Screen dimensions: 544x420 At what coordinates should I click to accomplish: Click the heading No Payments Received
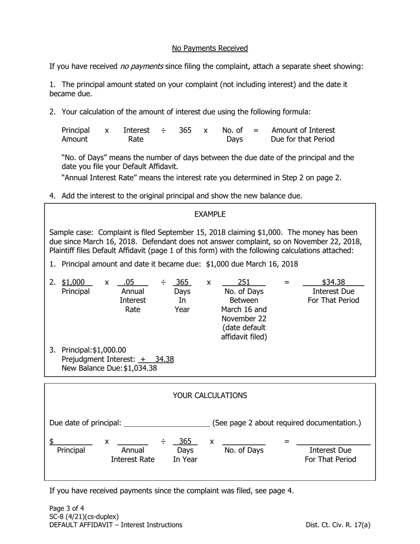tap(210, 48)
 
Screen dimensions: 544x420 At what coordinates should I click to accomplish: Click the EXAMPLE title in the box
tap(210, 214)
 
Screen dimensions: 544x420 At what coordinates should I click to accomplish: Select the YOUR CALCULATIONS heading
tap(210, 395)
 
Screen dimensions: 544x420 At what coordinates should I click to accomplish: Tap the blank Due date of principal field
tap(167, 422)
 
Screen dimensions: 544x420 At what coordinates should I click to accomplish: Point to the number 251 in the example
tap(244, 282)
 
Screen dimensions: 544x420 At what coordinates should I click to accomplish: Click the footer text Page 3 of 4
tap(67, 508)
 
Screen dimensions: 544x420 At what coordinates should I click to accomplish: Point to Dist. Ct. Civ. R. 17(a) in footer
tap(338, 525)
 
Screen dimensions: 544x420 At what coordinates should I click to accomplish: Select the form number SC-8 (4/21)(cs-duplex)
tap(84, 517)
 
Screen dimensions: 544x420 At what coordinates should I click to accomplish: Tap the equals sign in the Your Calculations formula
tap(286, 441)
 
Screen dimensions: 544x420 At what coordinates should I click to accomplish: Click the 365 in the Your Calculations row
tap(185, 441)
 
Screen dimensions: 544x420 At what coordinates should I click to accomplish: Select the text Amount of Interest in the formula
tap(303, 130)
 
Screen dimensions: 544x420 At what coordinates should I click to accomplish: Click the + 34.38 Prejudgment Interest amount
tap(157, 359)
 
